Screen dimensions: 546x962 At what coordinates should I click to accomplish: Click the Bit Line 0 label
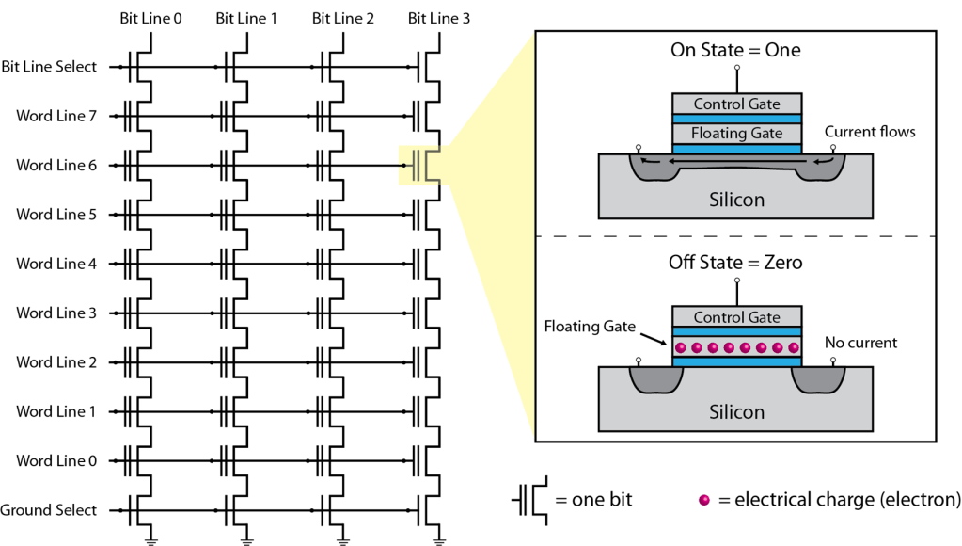(151, 17)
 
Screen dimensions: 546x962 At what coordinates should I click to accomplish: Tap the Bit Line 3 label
(439, 17)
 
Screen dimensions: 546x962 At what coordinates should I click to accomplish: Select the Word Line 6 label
(56, 165)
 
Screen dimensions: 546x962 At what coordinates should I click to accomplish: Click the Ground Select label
(49, 510)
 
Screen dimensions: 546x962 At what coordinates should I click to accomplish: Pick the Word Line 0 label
(56, 461)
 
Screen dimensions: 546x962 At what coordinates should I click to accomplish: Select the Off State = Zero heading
(735, 263)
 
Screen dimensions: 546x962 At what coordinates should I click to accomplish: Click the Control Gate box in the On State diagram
(736, 104)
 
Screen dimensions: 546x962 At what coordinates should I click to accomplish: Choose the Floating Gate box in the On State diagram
(736, 134)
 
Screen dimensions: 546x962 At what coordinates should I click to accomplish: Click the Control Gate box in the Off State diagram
(736, 317)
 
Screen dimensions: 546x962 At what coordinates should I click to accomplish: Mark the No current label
(860, 343)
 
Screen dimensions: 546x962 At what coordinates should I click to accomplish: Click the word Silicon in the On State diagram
(736, 200)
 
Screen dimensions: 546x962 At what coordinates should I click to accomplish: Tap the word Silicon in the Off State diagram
(736, 411)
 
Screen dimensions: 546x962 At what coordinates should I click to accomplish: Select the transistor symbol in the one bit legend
(529, 500)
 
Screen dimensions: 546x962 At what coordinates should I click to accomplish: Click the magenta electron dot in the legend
(703, 500)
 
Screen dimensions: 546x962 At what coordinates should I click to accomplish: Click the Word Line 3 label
(56, 313)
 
